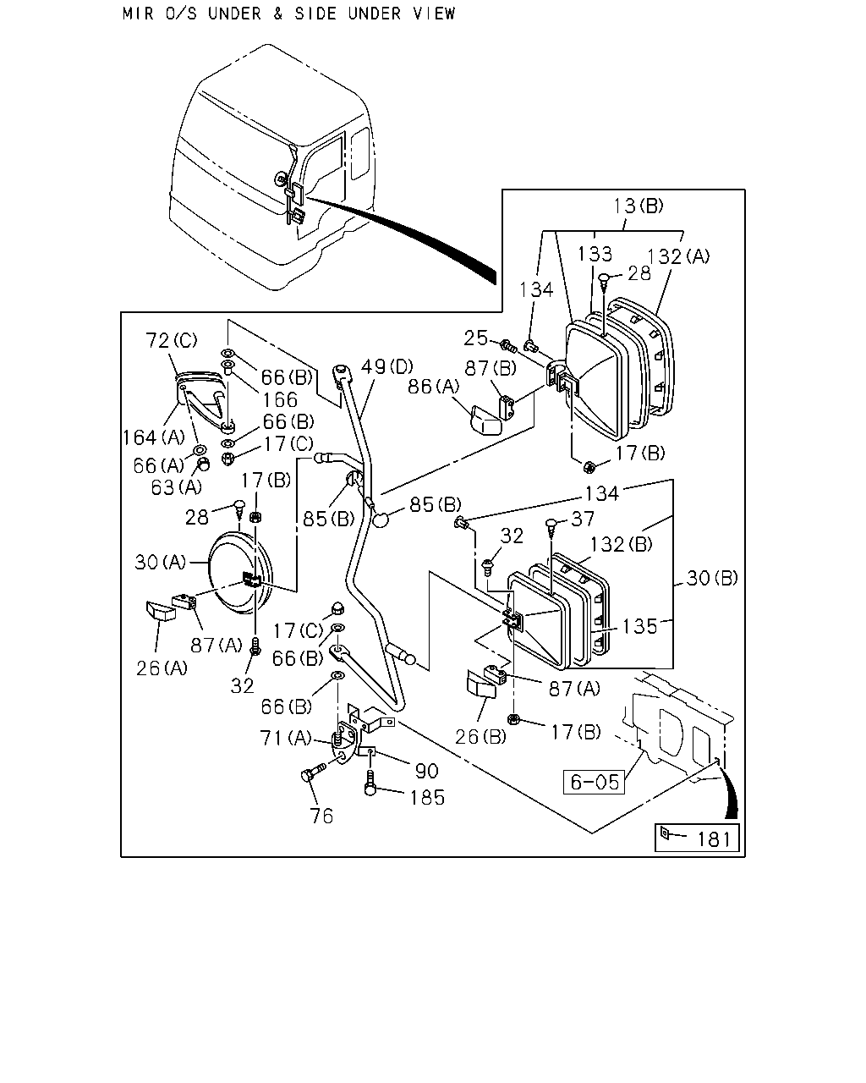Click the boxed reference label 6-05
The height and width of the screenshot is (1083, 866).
coord(594,782)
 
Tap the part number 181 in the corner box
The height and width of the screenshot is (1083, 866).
coord(714,839)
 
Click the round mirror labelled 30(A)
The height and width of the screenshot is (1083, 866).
coord(240,573)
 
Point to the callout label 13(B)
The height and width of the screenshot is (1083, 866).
coord(638,206)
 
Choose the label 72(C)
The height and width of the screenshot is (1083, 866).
coord(172,340)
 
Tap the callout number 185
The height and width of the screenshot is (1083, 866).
coord(427,798)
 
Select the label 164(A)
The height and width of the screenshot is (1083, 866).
coord(154,437)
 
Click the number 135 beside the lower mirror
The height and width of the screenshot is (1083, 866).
coord(639,627)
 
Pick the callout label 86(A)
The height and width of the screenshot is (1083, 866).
coord(434,387)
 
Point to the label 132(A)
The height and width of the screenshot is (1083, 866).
coord(678,256)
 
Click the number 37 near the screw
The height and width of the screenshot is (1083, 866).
coord(583,519)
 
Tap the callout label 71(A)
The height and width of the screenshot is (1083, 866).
coord(286,739)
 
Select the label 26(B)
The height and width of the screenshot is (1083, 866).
coord(480,737)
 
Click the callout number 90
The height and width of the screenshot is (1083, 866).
coord(427,771)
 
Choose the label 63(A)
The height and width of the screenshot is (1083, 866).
coord(177,487)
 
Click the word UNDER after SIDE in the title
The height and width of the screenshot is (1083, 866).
coord(375,14)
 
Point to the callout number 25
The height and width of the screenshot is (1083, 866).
coord(475,338)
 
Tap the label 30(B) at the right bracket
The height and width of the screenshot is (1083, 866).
coord(712,578)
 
